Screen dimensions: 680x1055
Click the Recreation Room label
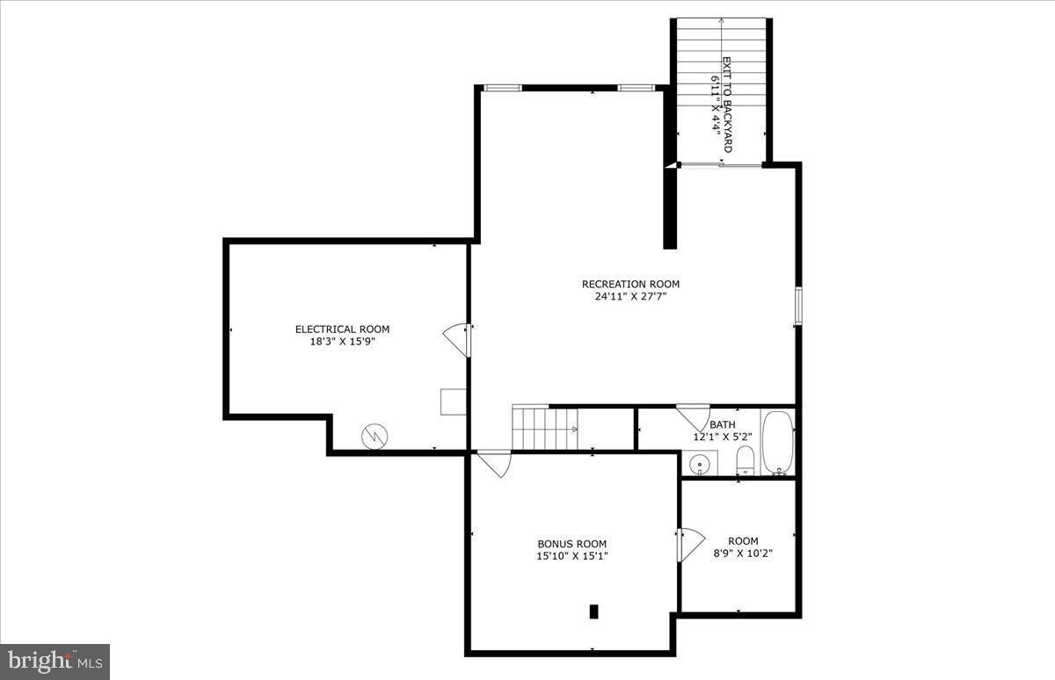coord(630,284)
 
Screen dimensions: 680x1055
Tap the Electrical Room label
coord(342,329)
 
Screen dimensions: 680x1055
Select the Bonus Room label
coord(572,544)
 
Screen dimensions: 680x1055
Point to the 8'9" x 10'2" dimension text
coord(743,553)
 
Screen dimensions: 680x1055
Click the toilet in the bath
coord(744,459)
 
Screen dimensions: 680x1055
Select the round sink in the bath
coord(700,462)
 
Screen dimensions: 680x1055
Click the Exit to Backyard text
coord(726,105)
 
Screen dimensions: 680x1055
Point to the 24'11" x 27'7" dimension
coord(630,296)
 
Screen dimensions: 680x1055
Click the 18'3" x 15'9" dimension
coord(342,342)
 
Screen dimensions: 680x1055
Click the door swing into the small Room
coord(691,544)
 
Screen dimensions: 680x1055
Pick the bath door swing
coord(694,416)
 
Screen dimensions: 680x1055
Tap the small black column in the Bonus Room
coord(593,611)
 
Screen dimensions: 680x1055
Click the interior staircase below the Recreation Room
coord(544,429)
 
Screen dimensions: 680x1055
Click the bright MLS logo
coord(55,661)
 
